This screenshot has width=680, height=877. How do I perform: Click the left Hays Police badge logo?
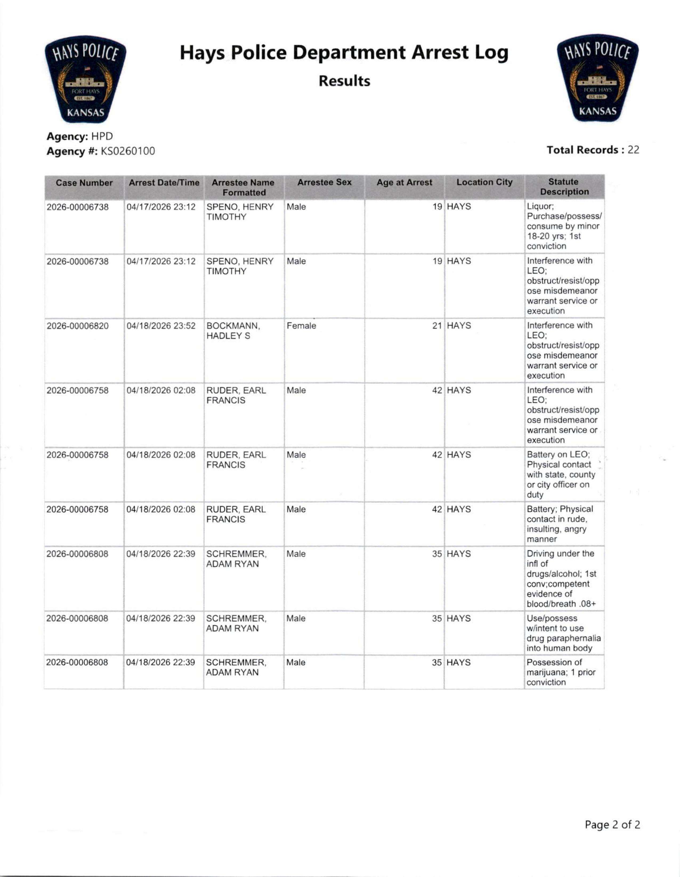pos(85,79)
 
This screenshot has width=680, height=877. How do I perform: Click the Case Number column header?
pos(84,183)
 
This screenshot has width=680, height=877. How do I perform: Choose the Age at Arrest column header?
pos(404,182)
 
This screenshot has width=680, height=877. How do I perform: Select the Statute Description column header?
pos(564,187)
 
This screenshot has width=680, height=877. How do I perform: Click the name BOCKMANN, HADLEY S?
pos(233,331)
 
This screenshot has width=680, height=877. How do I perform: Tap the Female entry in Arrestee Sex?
pos(301,326)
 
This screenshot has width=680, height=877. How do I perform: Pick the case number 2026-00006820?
pos(78,326)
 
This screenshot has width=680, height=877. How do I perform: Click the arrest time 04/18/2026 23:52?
pos(161,326)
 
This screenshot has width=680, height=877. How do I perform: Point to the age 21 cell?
pos(437,326)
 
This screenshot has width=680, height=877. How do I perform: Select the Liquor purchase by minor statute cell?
pos(564,226)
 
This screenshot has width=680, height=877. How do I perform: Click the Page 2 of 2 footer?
pos(612,825)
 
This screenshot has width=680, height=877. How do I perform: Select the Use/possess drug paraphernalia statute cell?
pos(564,633)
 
